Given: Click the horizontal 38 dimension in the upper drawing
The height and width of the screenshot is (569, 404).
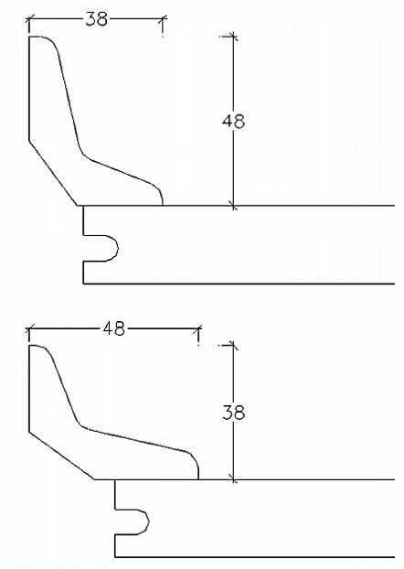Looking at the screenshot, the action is pos(97,19).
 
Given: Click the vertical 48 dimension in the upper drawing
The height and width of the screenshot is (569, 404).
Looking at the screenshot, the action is pos(234,121).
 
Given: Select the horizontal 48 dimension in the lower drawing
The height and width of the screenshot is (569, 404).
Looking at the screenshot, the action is pos(114,328).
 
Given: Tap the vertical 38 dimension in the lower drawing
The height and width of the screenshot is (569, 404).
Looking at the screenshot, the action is pos(234,413).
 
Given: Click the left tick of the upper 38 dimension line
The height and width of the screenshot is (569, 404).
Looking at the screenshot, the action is pos(29,19).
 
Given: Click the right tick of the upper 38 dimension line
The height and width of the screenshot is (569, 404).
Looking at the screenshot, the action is pos(163,19).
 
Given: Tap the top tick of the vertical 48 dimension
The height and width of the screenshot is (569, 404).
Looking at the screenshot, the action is pos(234,37).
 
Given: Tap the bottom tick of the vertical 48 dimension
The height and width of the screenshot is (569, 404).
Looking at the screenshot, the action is pos(234,206).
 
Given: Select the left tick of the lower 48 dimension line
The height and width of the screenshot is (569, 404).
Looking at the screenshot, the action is pos(29,328).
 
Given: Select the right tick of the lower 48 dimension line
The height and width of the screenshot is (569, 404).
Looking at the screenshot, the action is pos(198,328).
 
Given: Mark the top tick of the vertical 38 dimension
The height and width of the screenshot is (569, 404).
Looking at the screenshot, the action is pos(234,346).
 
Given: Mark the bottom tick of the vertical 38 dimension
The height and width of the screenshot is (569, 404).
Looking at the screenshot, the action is pos(234,479).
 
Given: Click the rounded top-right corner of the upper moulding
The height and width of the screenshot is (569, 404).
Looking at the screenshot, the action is pos(53,41).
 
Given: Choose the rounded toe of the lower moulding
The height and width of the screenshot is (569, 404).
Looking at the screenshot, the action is pos(195,459).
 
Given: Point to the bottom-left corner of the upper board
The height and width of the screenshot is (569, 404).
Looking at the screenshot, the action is pos(83,284).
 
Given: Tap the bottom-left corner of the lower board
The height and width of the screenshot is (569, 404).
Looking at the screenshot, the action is pos(115,557).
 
